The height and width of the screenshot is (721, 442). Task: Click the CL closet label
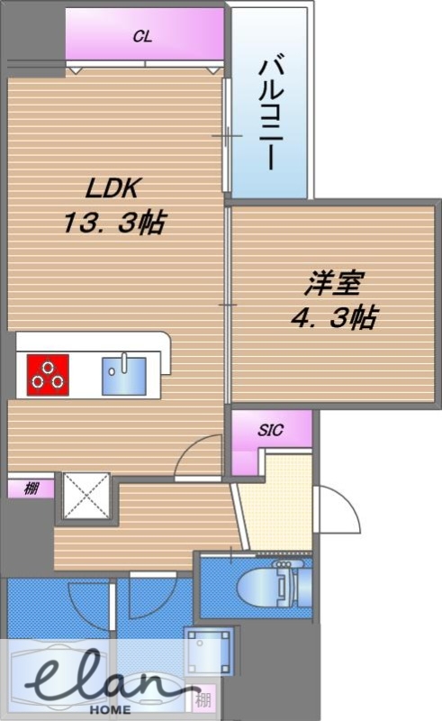pyautogui.click(x=142, y=36)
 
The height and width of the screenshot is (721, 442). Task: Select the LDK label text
pyautogui.click(x=113, y=187)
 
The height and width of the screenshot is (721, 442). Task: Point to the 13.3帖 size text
pyautogui.click(x=114, y=222)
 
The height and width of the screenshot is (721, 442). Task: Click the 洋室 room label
pyautogui.click(x=334, y=283)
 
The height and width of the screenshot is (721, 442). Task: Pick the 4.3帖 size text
pyautogui.click(x=334, y=317)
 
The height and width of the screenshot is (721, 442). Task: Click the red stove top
pyautogui.click(x=48, y=375)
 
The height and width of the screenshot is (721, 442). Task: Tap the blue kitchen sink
pyautogui.click(x=124, y=376)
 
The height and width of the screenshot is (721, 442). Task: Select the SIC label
pyautogui.click(x=271, y=431)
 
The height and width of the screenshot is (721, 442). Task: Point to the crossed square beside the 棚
pyautogui.click(x=86, y=495)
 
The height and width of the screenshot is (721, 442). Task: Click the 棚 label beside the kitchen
pyautogui.click(x=31, y=488)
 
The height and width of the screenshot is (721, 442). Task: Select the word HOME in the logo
pyautogui.click(x=110, y=709)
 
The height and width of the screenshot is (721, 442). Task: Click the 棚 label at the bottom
pyautogui.click(x=203, y=701)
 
